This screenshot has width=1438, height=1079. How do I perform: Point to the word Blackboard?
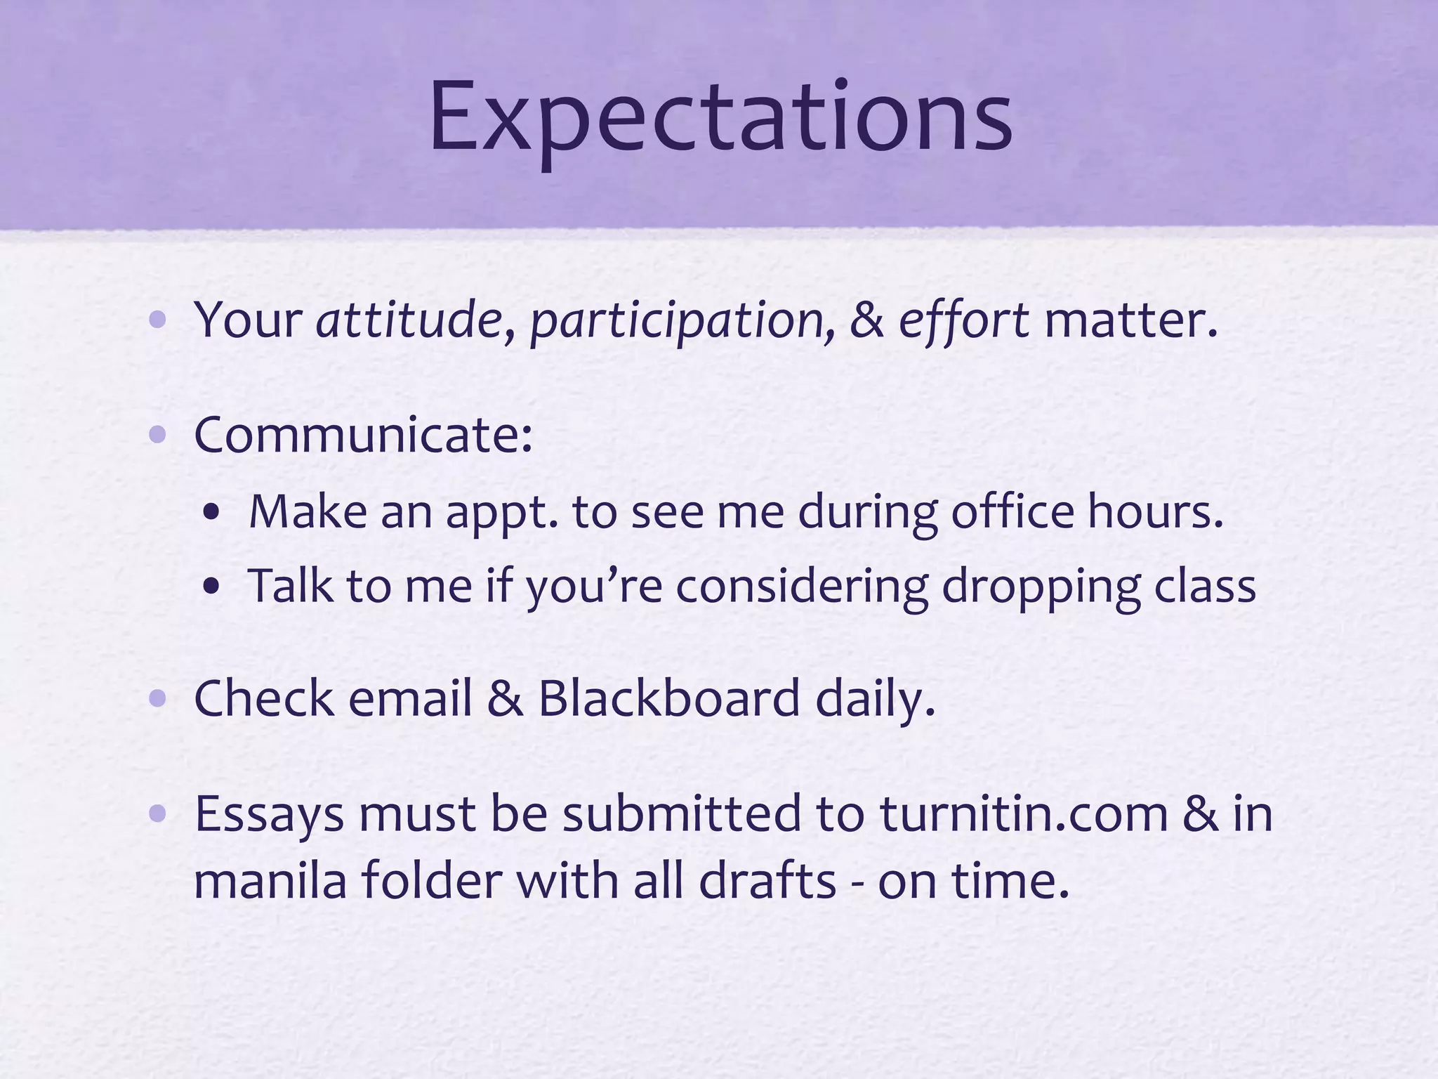[x=669, y=699]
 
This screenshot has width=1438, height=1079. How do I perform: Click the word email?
[x=409, y=699]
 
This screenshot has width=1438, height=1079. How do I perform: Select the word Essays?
[x=269, y=815]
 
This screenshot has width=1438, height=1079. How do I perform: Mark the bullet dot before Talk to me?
[x=211, y=587]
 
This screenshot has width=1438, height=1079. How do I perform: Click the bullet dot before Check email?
[x=157, y=699]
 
